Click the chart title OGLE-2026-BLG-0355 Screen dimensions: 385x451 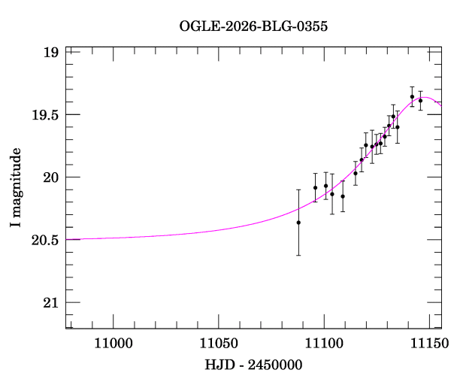coord(253,26)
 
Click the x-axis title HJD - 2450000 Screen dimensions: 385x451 coord(253,365)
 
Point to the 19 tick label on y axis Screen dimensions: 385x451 coord(51,53)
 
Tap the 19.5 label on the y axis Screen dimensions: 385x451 coord(46,115)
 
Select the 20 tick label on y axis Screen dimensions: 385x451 coord(51,177)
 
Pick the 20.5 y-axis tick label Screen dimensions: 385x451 coord(46,240)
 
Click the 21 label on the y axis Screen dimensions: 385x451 coord(51,302)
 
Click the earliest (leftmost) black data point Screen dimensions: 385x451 coord(298,223)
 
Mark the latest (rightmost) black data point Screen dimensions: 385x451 coord(420,100)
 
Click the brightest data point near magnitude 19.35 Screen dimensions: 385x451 coord(412,96)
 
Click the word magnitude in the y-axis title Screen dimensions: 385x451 coord(15,181)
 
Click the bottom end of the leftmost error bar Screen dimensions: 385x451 coord(298,255)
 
